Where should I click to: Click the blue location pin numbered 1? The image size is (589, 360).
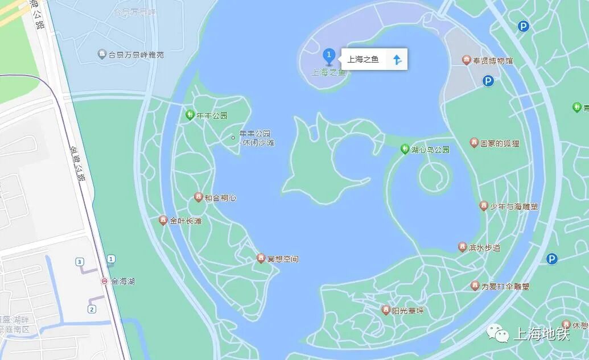click(328, 56)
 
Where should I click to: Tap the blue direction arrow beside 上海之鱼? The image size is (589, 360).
click(397, 59)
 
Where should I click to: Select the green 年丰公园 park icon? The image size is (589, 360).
click(190, 115)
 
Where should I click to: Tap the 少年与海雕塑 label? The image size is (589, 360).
click(513, 206)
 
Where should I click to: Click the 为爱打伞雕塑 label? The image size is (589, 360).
click(505, 287)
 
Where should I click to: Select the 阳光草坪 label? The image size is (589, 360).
click(407, 311)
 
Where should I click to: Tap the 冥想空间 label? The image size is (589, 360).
click(282, 259)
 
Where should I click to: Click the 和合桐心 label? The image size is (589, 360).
click(220, 198)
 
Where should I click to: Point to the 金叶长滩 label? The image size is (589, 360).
click(185, 221)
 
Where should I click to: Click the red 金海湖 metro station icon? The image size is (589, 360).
click(104, 281)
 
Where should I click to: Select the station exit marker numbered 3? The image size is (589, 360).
click(80, 262)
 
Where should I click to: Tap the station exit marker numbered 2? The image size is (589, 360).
click(92, 309)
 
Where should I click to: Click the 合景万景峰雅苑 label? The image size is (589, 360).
click(136, 55)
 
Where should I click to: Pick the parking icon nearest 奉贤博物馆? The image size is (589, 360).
click(488, 81)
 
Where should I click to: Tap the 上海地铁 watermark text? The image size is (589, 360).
click(541, 334)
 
